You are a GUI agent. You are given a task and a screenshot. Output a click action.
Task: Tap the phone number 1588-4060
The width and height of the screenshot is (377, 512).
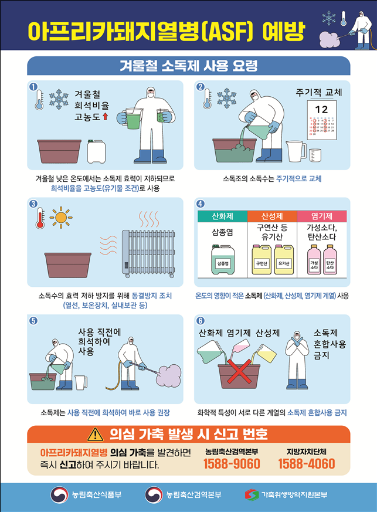(x=306, y=464)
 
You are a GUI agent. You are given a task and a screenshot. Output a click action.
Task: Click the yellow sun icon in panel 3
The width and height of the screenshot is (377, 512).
(x=60, y=218)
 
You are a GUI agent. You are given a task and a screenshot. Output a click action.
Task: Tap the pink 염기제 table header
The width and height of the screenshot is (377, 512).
(x=322, y=216)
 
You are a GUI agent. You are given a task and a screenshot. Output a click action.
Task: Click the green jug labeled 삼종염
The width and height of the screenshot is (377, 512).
(x=222, y=260)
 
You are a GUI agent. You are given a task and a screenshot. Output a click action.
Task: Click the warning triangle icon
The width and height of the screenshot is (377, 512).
(x=95, y=435)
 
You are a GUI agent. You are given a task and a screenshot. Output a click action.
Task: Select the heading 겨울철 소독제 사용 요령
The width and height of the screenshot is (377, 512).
(x=188, y=65)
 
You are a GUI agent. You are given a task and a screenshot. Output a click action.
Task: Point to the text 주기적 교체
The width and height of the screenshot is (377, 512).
(x=318, y=93)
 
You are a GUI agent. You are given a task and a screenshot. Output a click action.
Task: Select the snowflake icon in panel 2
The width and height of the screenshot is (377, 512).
(x=226, y=98)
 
